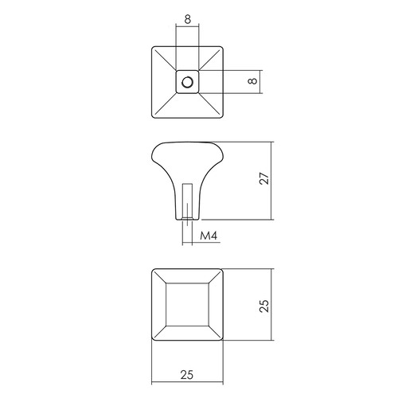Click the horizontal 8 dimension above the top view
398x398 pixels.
pos(187,19)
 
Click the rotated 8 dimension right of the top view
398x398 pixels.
pos(253,80)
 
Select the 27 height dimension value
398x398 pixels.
pos(264,178)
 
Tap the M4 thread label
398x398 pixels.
pos(209,236)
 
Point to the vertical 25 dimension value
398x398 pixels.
pos(264,306)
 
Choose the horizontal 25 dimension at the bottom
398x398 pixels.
pos(187,375)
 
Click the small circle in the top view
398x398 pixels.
pos(187,82)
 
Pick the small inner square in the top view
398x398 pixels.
pos(187,82)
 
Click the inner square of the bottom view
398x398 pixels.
pos(187,305)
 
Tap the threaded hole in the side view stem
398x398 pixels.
pos(187,201)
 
